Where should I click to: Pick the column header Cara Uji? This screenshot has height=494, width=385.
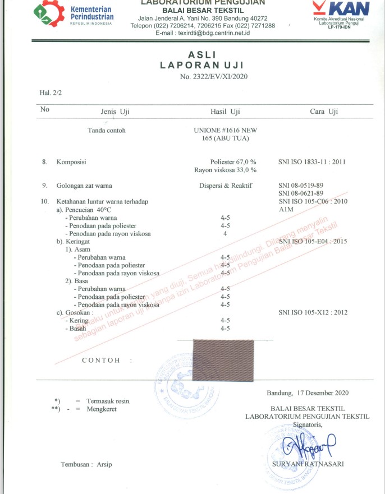(324, 112)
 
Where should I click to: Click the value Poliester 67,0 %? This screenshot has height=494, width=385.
(233, 162)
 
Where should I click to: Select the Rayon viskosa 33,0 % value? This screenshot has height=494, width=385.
(225, 170)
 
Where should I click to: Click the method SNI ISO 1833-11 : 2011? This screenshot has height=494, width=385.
(312, 162)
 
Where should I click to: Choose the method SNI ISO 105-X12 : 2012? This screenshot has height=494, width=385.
(313, 312)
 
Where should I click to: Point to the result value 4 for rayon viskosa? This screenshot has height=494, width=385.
(225, 233)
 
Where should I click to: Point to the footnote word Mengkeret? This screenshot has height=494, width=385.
(102, 409)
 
